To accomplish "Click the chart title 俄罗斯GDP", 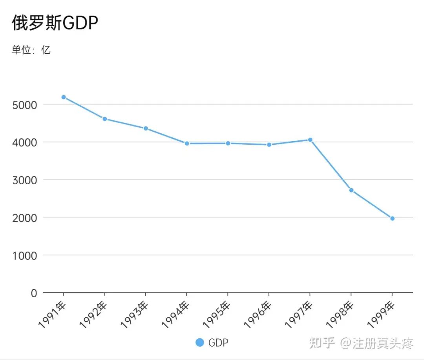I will [x=55, y=24].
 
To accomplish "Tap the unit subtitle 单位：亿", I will [x=31, y=50].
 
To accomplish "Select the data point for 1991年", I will [x=64, y=97].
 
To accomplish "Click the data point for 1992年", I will [x=105, y=119].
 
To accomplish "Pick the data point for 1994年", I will [x=187, y=144].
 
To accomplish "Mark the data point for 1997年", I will [x=310, y=140].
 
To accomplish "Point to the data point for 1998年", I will [x=351, y=190].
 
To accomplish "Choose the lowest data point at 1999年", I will [x=392, y=218].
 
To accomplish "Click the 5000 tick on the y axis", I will [x=24, y=105].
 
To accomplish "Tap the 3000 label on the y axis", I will [x=24, y=180].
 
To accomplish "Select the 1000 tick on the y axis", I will [x=24, y=255].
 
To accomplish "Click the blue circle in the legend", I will [x=200, y=342].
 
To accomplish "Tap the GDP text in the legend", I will [x=218, y=343].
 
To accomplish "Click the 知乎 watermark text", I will [x=322, y=343].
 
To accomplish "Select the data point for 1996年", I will [x=269, y=145].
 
